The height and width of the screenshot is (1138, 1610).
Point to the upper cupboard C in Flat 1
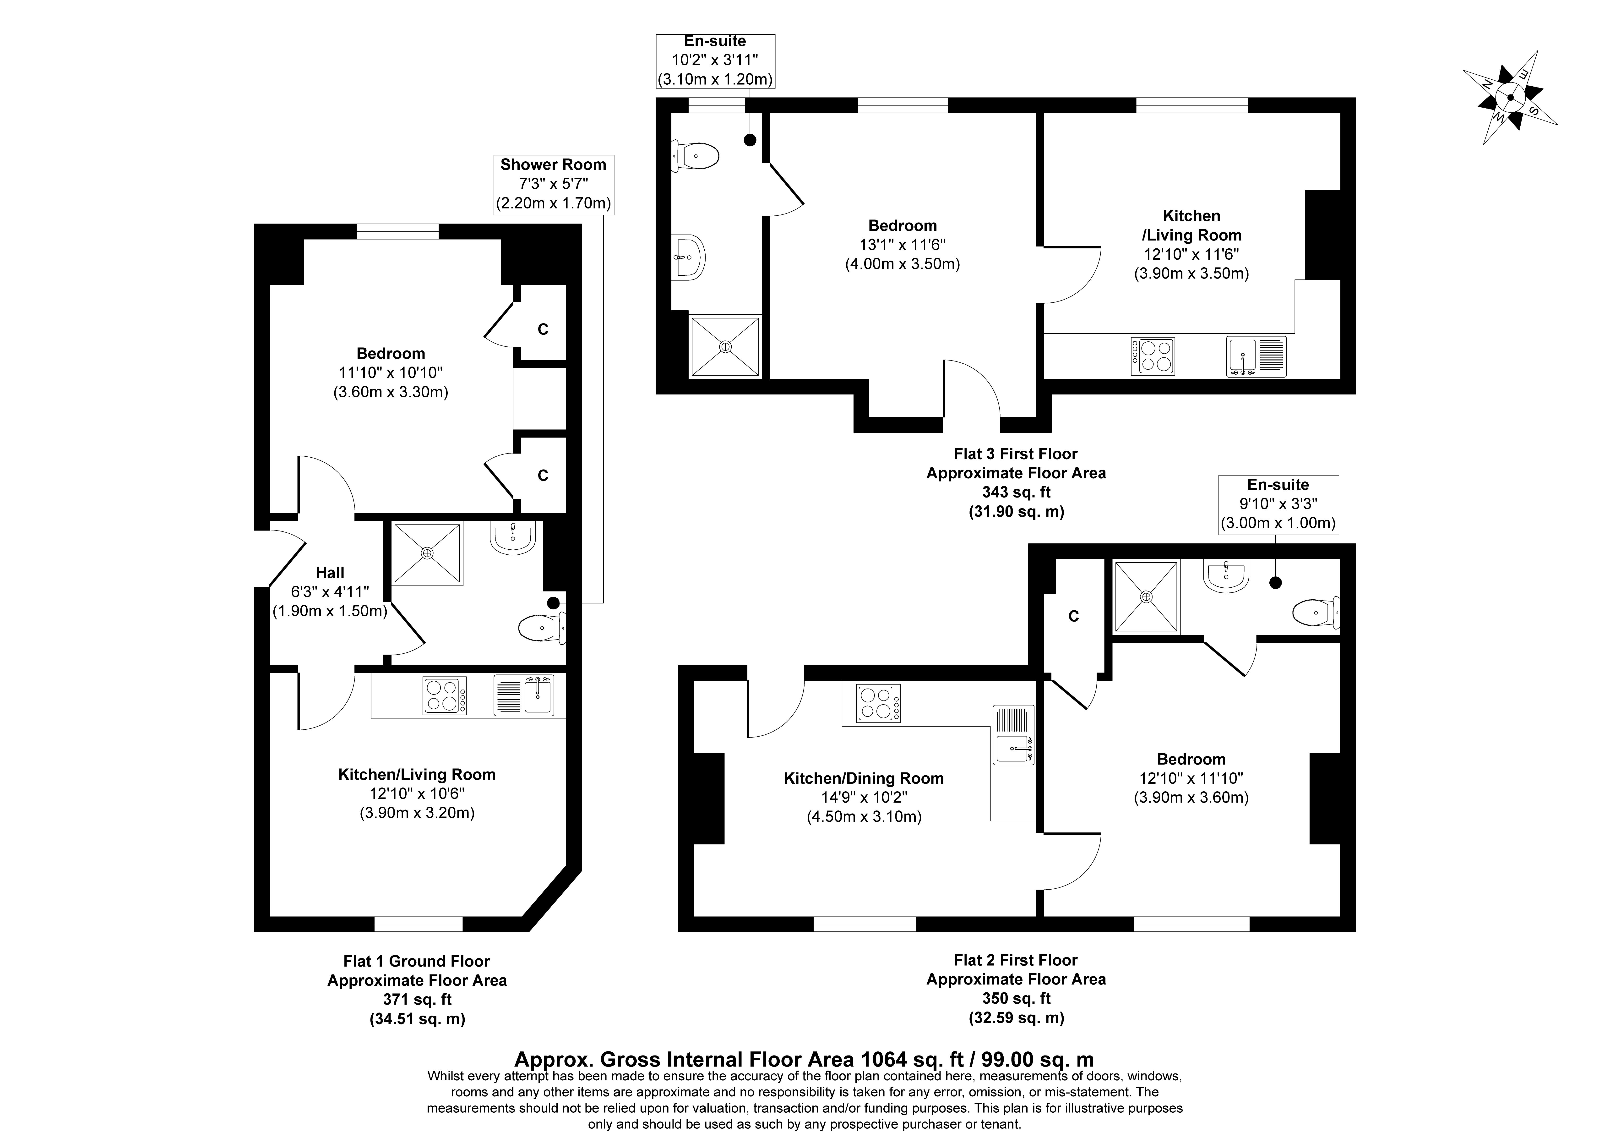(542, 329)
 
